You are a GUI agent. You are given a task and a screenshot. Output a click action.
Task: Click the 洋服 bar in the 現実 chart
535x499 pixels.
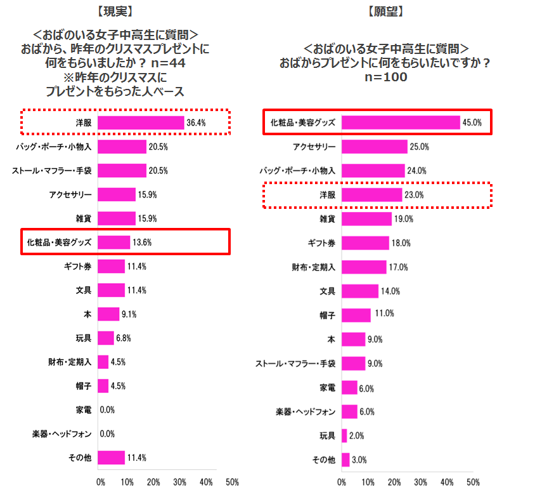click(x=140, y=123)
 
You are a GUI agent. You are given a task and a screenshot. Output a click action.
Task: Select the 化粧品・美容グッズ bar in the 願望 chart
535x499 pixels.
click(x=401, y=123)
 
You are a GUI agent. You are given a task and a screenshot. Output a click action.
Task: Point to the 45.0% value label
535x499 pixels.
click(x=473, y=123)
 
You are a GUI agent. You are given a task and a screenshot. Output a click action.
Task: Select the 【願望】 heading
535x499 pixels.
click(x=385, y=11)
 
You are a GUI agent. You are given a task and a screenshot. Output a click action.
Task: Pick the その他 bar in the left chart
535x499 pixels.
click(x=111, y=458)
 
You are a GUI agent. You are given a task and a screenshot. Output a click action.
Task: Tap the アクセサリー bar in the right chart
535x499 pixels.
click(x=374, y=147)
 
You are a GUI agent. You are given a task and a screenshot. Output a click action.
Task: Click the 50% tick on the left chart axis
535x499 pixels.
click(x=232, y=482)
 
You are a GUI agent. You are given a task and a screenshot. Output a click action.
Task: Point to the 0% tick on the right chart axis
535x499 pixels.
click(x=342, y=482)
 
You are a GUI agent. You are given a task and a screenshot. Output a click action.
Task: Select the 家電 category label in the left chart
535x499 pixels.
click(x=83, y=409)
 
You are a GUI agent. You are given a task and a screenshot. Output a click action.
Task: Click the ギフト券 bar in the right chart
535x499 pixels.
click(x=365, y=243)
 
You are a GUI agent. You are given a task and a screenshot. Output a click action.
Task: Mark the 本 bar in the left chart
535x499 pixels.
click(x=108, y=314)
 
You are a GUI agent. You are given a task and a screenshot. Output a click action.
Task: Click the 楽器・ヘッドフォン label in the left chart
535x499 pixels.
click(x=62, y=434)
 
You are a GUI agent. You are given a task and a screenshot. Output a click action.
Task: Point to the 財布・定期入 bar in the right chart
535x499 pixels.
click(x=364, y=267)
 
